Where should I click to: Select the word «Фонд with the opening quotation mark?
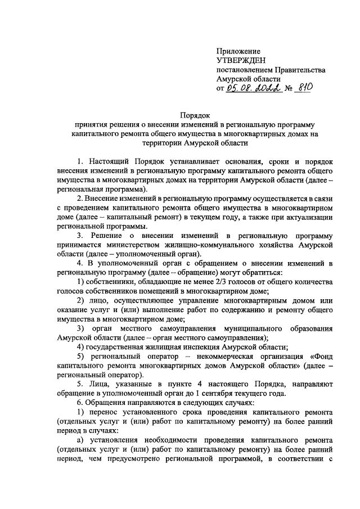click(x=322, y=356)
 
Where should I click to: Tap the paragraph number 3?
click(x=79, y=236)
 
